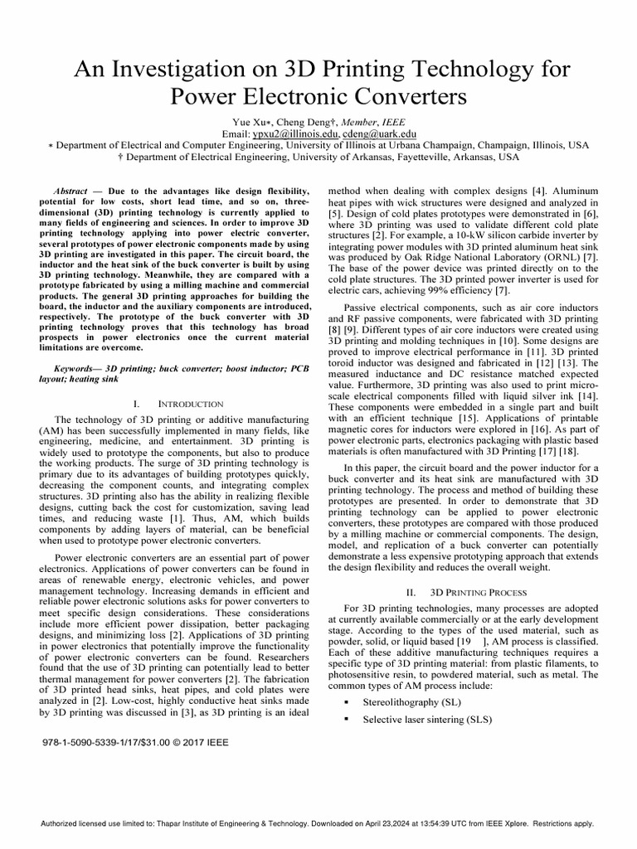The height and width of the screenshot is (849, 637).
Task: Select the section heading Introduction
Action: coord(189,403)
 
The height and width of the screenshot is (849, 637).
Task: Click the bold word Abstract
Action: coord(70,191)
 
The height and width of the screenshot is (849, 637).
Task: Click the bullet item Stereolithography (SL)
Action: coord(411,702)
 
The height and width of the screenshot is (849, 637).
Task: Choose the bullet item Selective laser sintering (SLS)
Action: coord(427,720)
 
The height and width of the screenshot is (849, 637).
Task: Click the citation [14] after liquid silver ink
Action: coord(588,386)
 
